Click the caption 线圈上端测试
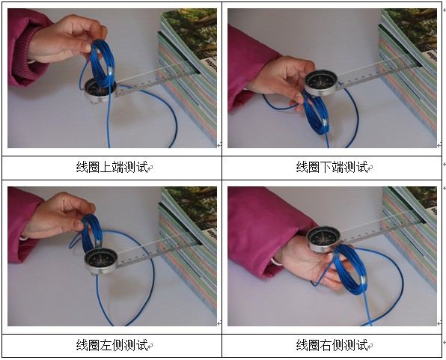point(112,167)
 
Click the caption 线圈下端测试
point(332,167)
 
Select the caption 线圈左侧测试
point(112,345)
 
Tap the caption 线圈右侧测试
point(332,345)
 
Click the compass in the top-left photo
point(100,91)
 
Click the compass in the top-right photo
point(320,82)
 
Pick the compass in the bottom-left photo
point(101,261)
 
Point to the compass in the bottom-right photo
point(324,239)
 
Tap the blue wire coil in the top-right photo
point(316,113)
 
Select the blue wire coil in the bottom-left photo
point(91,233)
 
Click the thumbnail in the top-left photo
point(87,47)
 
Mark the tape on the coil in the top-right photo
point(325,123)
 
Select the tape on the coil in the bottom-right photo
point(364,281)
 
